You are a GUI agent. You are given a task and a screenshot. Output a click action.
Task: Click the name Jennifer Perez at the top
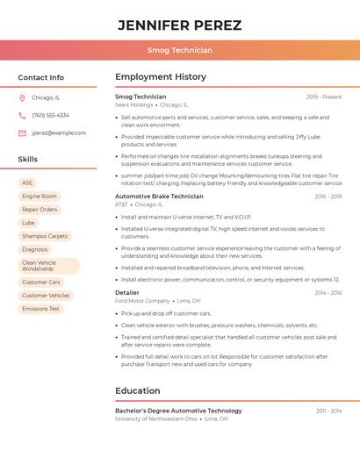(179, 25)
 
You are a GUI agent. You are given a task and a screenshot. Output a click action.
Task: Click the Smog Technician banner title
(179, 50)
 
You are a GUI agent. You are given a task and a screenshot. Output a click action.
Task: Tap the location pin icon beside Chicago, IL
(22, 97)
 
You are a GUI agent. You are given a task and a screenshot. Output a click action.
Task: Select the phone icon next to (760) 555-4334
(22, 115)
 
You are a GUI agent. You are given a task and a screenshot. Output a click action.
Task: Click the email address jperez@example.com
(59, 132)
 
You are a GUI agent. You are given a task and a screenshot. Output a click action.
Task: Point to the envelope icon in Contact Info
(22, 132)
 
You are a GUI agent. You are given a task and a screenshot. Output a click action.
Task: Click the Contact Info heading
(40, 77)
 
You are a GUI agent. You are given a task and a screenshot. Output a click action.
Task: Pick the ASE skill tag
(27, 182)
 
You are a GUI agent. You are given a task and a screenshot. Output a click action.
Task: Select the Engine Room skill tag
(40, 196)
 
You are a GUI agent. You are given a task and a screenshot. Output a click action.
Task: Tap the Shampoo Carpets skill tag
(45, 236)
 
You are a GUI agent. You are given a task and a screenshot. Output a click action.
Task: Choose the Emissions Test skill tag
(41, 309)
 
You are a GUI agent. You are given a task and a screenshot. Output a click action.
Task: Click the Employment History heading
(161, 77)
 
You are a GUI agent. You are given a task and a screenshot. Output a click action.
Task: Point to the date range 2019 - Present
(324, 97)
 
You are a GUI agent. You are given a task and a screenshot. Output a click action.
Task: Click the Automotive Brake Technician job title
(159, 197)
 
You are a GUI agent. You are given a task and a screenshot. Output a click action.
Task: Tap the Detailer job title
(127, 293)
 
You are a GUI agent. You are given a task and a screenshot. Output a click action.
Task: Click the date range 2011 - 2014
(328, 411)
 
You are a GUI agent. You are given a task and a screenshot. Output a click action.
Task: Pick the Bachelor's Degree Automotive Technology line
(178, 411)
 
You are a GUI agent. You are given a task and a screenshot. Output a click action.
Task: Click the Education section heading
(138, 390)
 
